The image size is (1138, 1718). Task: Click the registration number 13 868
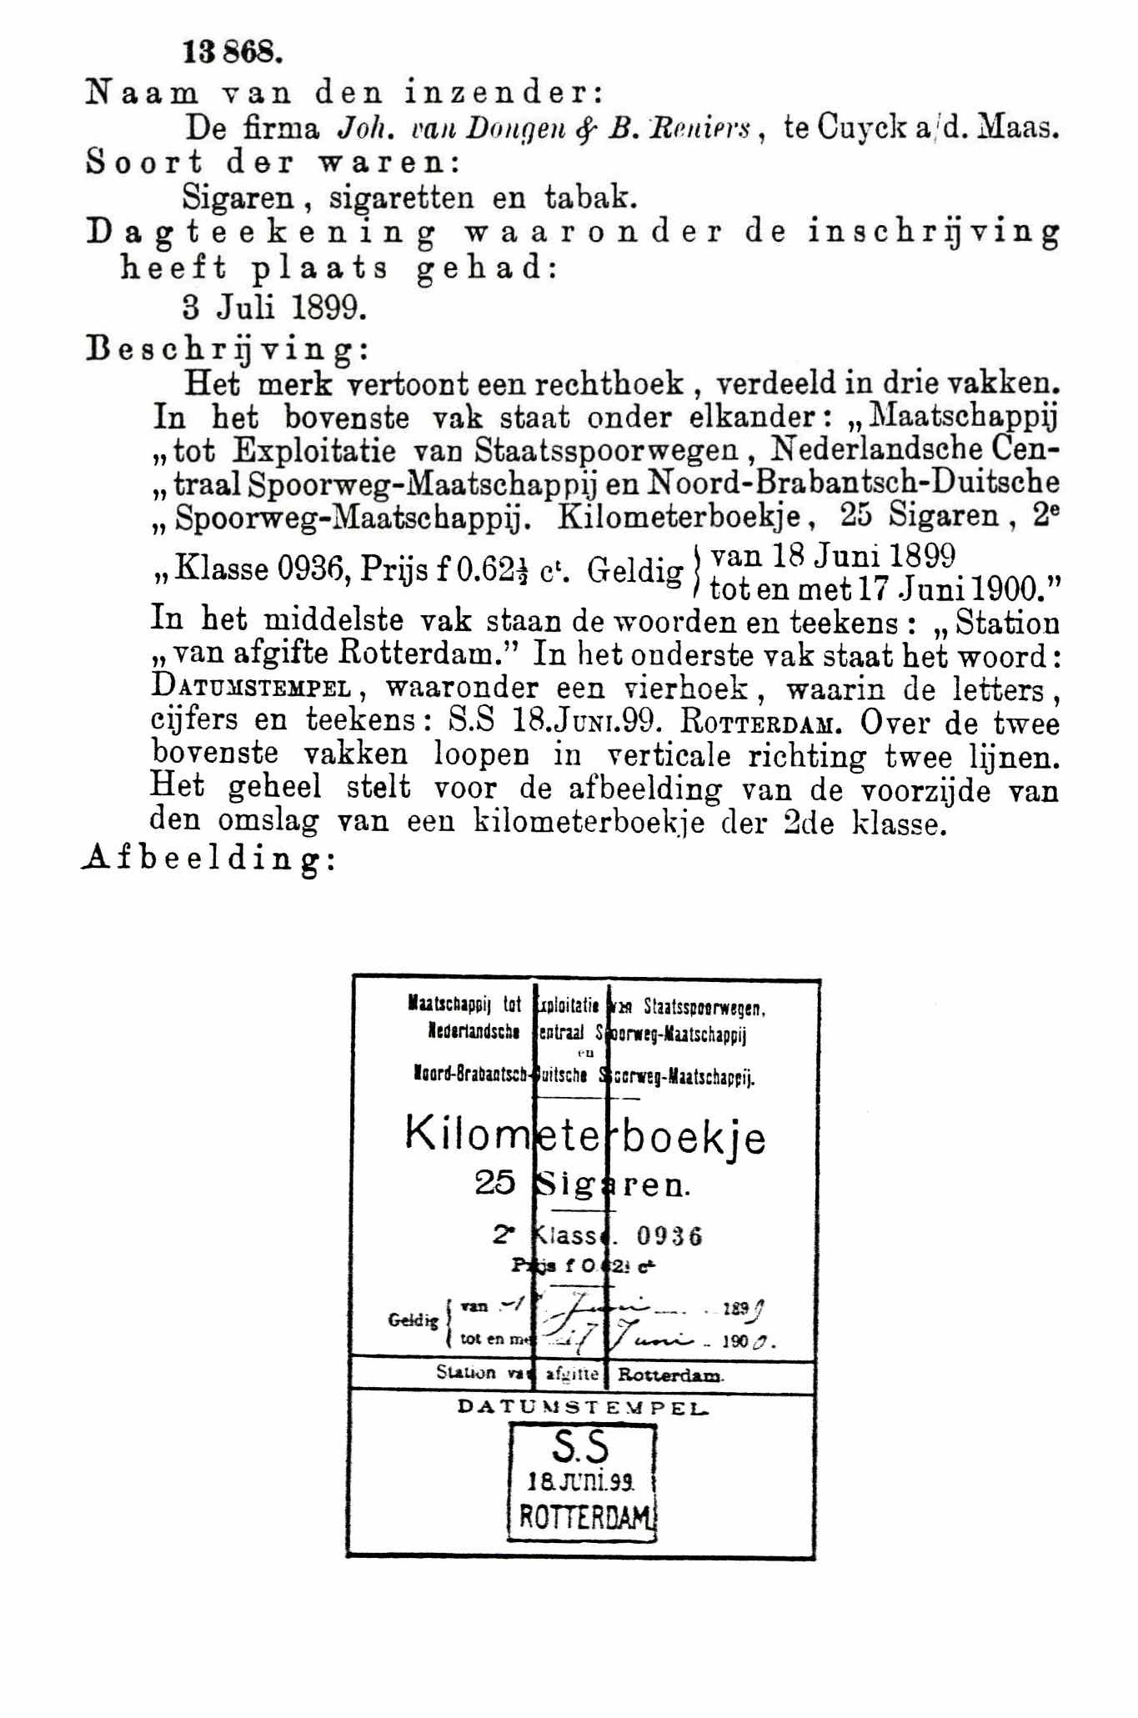coord(233,53)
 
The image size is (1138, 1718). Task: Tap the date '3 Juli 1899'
coord(274,308)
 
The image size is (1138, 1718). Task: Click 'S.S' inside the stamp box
coord(580,1448)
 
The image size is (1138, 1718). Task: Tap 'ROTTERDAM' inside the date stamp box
coord(584,1516)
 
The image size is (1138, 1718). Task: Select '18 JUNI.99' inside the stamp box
coord(581,1481)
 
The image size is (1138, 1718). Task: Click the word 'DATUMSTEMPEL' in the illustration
coord(583,1408)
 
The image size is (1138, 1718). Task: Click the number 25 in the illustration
coord(495,1182)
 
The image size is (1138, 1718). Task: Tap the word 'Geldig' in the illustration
coord(413,1320)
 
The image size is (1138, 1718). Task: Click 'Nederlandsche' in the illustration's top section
coord(474,1032)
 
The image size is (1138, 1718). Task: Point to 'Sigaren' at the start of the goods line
coord(238,198)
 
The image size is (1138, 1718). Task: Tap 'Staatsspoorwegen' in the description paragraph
coord(606,450)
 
